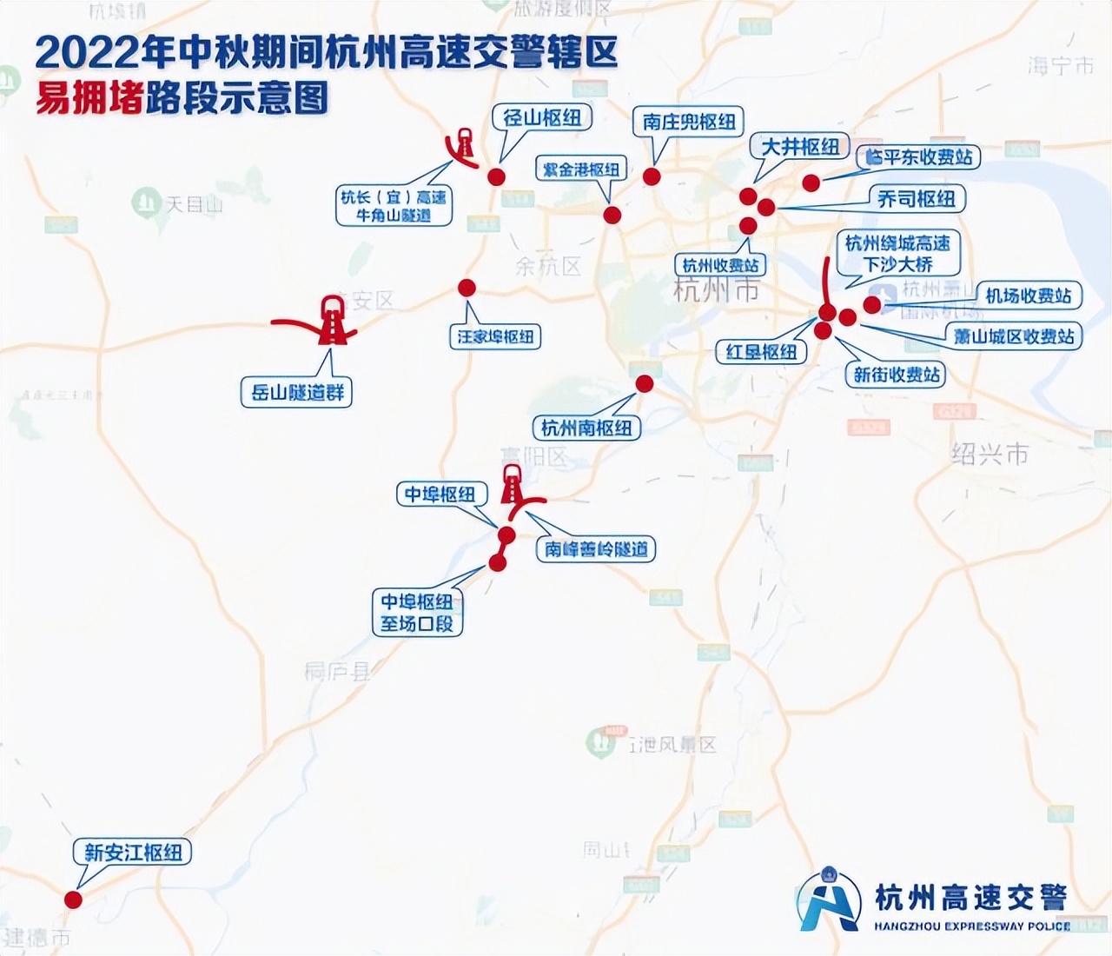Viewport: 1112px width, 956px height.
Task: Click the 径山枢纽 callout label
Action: coord(543,118)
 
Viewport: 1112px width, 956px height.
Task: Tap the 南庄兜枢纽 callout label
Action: coord(689,123)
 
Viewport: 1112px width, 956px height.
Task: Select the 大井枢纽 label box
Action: coord(800,147)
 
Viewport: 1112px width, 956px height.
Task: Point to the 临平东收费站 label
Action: coord(918,157)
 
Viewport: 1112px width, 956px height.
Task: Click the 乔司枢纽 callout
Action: coord(916,199)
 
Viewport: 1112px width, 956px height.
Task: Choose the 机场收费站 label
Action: coord(1028,295)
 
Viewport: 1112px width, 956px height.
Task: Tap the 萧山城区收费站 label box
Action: coord(1014,336)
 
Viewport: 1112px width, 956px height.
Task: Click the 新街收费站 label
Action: coord(897,375)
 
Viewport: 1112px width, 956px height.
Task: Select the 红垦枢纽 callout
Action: coord(762,351)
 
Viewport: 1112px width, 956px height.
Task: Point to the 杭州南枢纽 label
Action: coord(586,428)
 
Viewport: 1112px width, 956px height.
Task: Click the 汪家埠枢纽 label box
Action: coord(496,336)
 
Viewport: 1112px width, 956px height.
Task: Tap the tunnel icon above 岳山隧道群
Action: coord(331,320)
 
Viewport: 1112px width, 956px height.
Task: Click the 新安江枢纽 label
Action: coord(133,853)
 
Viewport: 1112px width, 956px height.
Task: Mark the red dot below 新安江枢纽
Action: coord(73,900)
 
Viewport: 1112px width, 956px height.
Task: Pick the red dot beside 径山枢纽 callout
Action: coord(496,176)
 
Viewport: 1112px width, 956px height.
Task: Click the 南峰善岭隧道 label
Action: coord(596,549)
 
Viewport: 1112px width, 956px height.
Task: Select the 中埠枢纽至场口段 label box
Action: coord(417,613)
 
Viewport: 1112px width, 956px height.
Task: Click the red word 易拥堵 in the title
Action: coord(88,98)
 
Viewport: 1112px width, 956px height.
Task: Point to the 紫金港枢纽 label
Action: coord(581,169)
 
